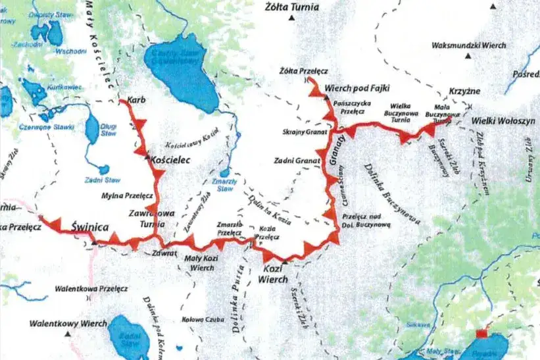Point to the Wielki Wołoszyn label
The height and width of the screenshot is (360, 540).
(503, 121)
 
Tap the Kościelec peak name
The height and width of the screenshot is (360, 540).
(171, 160)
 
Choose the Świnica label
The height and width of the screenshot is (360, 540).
(89, 228)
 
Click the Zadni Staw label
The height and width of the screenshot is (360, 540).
(96, 179)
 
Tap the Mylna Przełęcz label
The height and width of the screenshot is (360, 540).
(128, 195)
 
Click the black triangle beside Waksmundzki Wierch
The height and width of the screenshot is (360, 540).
(468, 56)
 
